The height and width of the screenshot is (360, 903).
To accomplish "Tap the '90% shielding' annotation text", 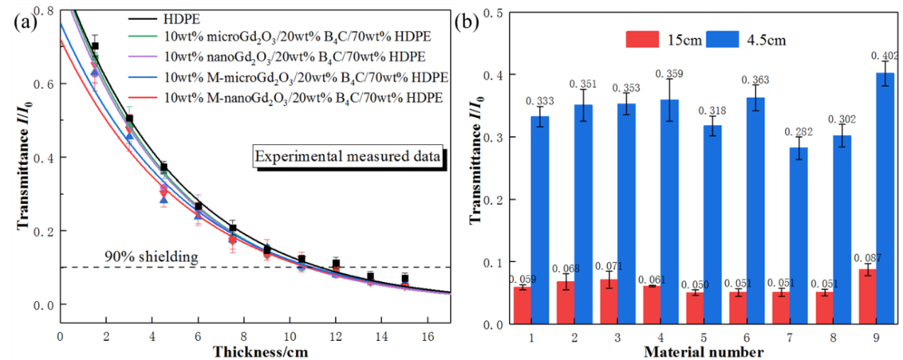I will [151, 256].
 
